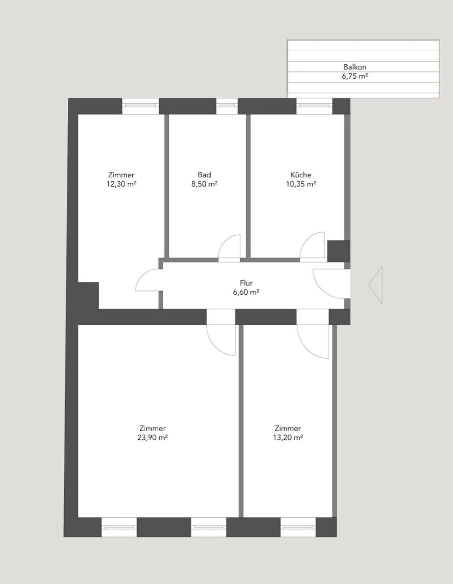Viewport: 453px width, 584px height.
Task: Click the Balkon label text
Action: point(354,67)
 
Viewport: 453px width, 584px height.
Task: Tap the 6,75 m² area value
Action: point(354,76)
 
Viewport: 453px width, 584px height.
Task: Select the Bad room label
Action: point(204,175)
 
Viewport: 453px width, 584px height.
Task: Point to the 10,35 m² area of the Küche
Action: point(301,184)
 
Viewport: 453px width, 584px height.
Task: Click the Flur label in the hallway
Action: point(246,283)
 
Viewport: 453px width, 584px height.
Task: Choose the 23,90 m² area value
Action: point(152,438)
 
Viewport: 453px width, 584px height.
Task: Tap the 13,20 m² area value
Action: point(287,438)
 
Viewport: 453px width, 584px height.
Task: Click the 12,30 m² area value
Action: point(121,184)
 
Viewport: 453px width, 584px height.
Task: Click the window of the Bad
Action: point(227,106)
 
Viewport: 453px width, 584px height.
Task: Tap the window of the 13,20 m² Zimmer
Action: point(298,527)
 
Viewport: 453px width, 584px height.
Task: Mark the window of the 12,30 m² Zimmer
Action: point(140,106)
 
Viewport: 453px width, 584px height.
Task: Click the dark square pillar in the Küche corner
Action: point(338,251)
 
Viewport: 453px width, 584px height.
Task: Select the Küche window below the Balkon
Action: point(314,106)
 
